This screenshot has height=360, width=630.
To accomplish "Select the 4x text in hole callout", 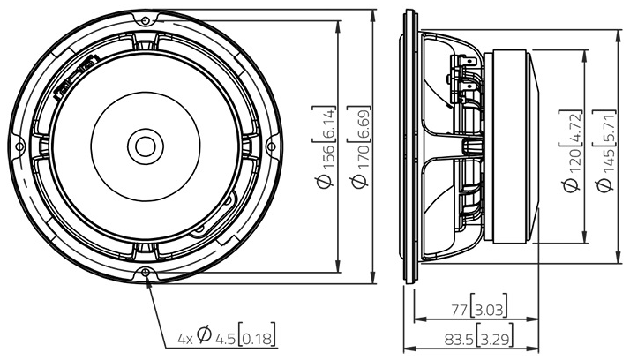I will point(184,337).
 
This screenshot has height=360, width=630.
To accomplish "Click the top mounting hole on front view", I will point(144,18).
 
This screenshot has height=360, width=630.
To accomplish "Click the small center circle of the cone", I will point(144,146).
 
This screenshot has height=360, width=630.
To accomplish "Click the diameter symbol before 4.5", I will point(203,336).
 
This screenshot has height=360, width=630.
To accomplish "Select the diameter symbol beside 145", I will point(604,185).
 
